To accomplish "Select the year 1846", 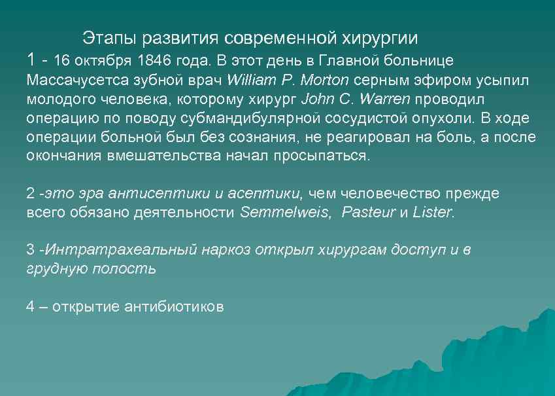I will (154, 61).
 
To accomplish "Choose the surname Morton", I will (325, 81).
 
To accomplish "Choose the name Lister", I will (432, 213).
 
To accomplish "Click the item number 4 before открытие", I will (30, 306).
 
